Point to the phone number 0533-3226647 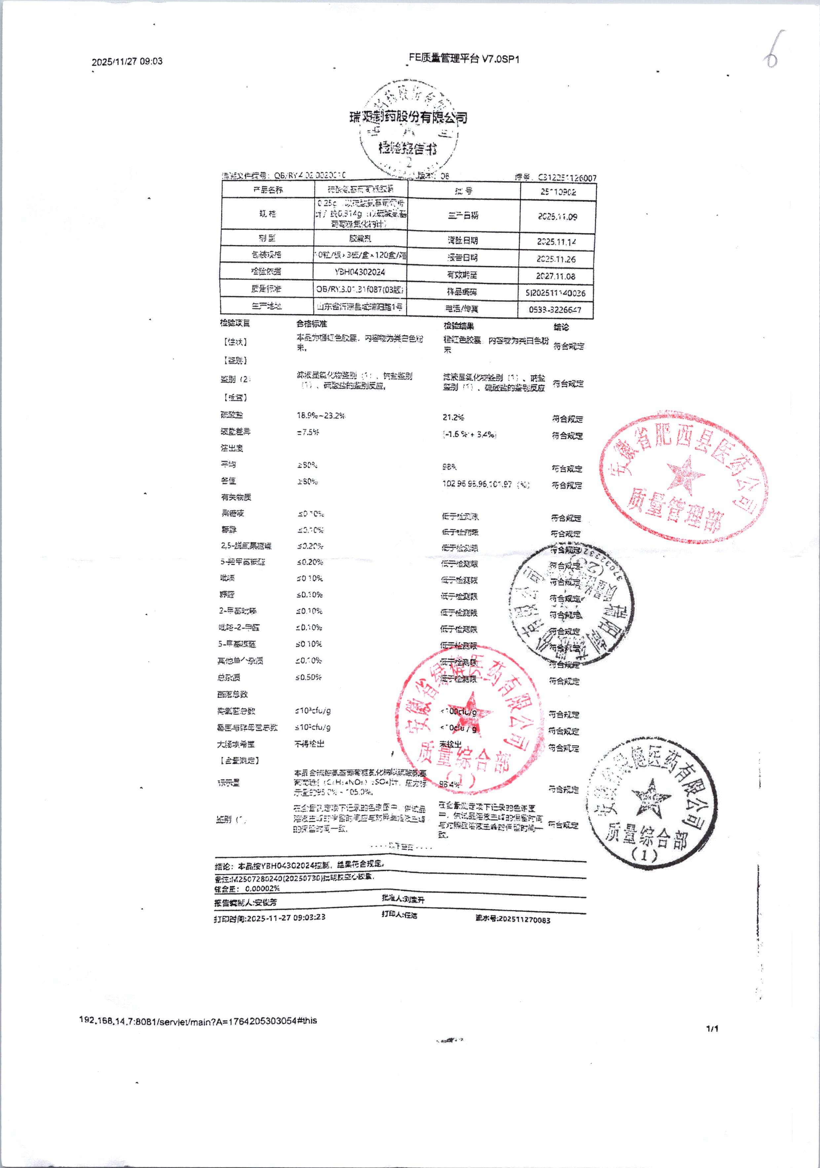(555, 309)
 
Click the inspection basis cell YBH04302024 (359, 272)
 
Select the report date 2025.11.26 (556, 259)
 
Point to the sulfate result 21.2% (453, 418)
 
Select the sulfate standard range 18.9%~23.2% (321, 416)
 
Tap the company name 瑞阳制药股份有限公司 (408, 118)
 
